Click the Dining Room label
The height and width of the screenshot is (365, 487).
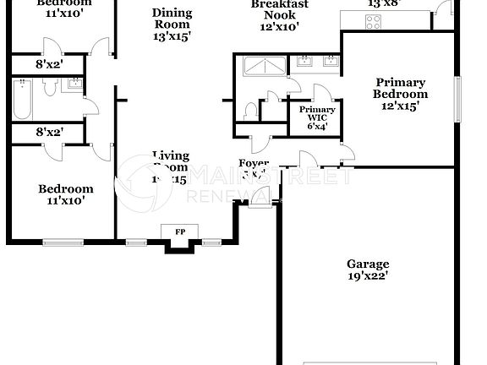(x=172, y=19)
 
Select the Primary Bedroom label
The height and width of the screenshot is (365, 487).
(x=401, y=88)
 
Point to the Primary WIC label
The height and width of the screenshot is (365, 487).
(x=318, y=114)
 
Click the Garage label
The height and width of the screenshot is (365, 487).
(x=367, y=263)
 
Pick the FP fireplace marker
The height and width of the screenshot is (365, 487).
(x=180, y=232)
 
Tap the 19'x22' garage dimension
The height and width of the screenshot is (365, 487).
(x=367, y=275)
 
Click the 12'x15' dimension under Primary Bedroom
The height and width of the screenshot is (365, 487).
(x=401, y=106)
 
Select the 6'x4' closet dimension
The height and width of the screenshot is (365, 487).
(x=318, y=127)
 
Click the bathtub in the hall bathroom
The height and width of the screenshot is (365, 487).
(x=21, y=98)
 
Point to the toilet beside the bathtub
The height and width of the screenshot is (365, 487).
(x=48, y=86)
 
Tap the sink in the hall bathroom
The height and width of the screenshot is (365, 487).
(x=74, y=82)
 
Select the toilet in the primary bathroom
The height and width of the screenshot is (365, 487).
(x=249, y=111)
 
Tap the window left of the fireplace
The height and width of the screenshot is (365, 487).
(x=136, y=243)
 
